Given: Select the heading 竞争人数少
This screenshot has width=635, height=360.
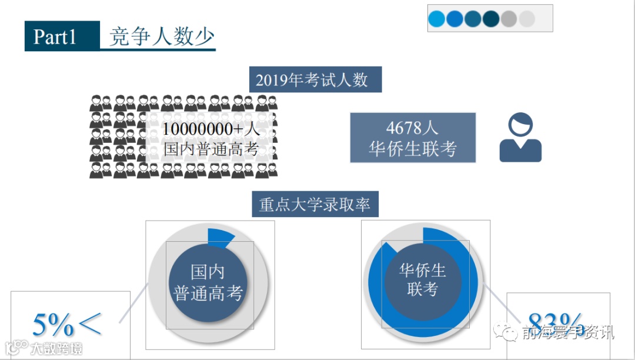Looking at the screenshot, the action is click(x=162, y=36).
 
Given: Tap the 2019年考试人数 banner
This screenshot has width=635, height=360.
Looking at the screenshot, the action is click(x=315, y=79).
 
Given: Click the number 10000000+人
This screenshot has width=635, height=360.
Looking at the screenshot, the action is click(x=210, y=129).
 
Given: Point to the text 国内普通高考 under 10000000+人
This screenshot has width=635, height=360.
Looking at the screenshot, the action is click(x=210, y=148).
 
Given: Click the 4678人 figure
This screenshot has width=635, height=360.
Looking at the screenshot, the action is click(x=412, y=128).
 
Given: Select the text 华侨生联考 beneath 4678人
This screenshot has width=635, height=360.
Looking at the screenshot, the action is click(x=412, y=149).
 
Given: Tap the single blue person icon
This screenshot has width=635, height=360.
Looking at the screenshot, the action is click(x=520, y=138).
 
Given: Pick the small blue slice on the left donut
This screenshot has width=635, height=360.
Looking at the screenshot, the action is click(x=221, y=236).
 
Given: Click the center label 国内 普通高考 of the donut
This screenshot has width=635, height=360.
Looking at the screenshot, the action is click(x=209, y=282).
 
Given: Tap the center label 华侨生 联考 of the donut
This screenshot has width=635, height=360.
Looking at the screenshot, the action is click(x=422, y=279).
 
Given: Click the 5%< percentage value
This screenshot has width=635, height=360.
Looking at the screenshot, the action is click(x=66, y=324).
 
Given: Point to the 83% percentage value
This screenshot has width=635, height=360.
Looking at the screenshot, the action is click(x=556, y=324).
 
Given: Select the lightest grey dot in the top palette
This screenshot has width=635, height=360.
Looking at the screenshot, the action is click(x=527, y=19).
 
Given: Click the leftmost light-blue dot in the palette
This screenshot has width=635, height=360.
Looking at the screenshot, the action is click(x=437, y=19).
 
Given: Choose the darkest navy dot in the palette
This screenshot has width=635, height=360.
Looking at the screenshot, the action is click(x=491, y=19).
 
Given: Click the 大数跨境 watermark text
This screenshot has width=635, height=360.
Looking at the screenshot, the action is click(x=56, y=348).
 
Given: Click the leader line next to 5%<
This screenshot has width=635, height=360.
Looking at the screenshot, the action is click(x=133, y=303).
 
